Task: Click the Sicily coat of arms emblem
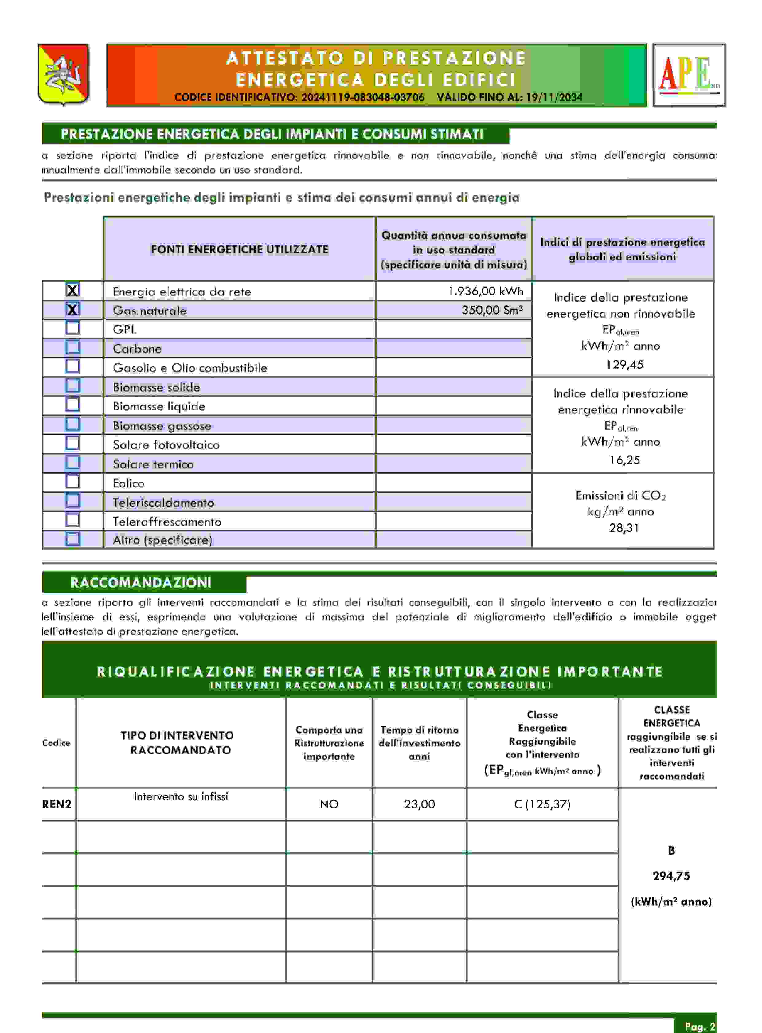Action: [x=64, y=74]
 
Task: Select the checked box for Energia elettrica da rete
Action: [x=72, y=290]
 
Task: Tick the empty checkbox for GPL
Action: [x=72, y=328]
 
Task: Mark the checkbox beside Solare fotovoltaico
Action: [x=72, y=443]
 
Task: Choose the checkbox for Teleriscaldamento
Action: [x=72, y=501]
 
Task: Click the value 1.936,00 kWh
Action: [x=485, y=291]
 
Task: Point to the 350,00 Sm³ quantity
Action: [x=492, y=310]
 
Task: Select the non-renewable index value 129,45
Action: [x=624, y=365]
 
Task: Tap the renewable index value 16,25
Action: [x=624, y=460]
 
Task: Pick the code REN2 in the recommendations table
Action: [x=57, y=804]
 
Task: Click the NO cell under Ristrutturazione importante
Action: [x=329, y=804]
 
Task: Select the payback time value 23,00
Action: [x=419, y=804]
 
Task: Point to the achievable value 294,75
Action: [x=671, y=876]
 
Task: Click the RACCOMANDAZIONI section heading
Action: [x=141, y=583]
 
